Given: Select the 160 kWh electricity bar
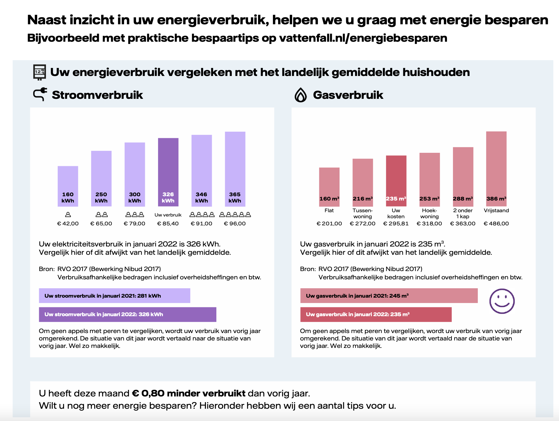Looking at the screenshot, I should (68, 186).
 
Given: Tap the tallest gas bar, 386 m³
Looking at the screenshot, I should (496, 169).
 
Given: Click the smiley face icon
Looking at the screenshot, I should (502, 301).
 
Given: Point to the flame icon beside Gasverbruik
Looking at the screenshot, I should (301, 95).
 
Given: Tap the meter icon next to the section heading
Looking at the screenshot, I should (39, 72).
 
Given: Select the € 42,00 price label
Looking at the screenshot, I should (68, 224).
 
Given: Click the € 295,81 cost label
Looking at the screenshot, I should (396, 224).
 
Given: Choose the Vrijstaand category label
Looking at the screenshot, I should (496, 210).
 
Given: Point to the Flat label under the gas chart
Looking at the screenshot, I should (329, 210).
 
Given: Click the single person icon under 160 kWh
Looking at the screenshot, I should (68, 214).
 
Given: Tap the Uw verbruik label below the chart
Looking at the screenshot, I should (168, 215).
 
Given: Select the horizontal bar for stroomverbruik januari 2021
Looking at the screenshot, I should (114, 296).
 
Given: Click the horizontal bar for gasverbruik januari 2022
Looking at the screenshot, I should (376, 314).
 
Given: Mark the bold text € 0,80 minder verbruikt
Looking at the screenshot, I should (189, 393).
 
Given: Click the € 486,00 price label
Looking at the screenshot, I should (496, 224).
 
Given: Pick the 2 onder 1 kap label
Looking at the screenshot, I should (463, 213).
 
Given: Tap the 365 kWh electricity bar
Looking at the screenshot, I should (235, 169).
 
